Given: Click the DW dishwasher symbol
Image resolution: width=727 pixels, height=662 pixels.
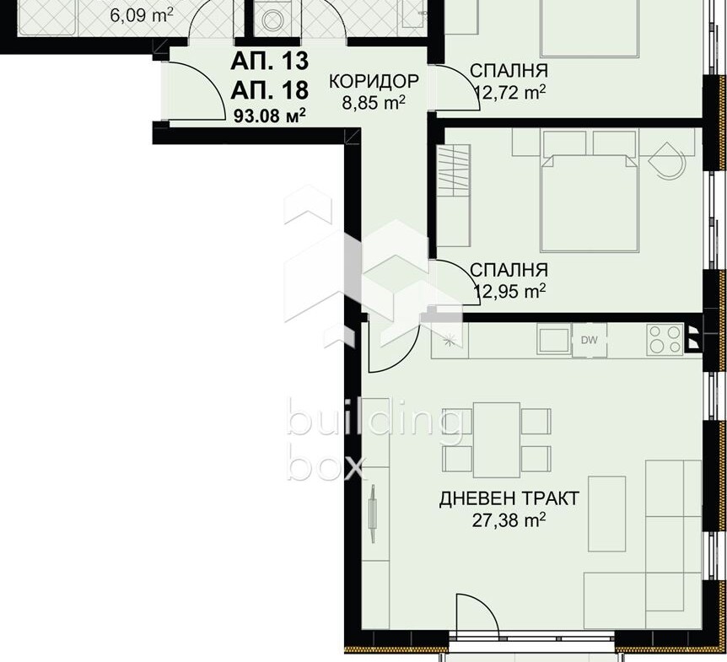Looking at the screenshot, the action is pyautogui.click(x=590, y=340).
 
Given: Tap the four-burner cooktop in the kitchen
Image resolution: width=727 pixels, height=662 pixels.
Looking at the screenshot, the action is pyautogui.click(x=665, y=340).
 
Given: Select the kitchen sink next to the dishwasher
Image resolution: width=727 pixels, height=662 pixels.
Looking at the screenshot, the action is pyautogui.click(x=554, y=339).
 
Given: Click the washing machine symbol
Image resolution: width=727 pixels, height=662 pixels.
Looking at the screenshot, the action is pyautogui.click(x=272, y=19).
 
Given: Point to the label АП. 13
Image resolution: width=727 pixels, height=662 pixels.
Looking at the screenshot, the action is pyautogui.click(x=269, y=62).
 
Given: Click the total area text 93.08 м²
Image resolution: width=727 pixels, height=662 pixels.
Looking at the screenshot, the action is pyautogui.click(x=269, y=116).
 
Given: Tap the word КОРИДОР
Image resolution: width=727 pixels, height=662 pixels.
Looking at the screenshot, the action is pyautogui.click(x=374, y=81).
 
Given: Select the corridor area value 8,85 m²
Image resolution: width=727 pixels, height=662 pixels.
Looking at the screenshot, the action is pyautogui.click(x=374, y=102).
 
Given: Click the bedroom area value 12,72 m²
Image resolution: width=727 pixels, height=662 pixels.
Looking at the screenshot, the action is pyautogui.click(x=510, y=92).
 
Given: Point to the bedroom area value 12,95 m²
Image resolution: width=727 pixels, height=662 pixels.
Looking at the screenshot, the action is pyautogui.click(x=509, y=291).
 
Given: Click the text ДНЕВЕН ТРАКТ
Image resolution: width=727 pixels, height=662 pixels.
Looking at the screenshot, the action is pyautogui.click(x=509, y=498).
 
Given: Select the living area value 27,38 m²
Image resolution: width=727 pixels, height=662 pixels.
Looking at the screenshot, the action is pyautogui.click(x=509, y=519).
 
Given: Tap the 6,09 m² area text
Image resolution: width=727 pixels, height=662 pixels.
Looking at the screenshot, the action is pyautogui.click(x=142, y=15).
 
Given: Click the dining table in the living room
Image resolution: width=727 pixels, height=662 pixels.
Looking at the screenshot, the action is pyautogui.click(x=497, y=440).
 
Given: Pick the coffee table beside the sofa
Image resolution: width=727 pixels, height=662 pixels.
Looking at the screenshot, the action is pyautogui.click(x=607, y=514).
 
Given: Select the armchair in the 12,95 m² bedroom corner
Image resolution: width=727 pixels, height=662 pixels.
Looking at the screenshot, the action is pyautogui.click(x=666, y=160).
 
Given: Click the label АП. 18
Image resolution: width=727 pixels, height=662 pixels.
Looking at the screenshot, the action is pyautogui.click(x=269, y=89).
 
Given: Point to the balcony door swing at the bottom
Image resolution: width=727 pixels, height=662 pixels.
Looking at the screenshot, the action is pyautogui.click(x=477, y=612).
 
